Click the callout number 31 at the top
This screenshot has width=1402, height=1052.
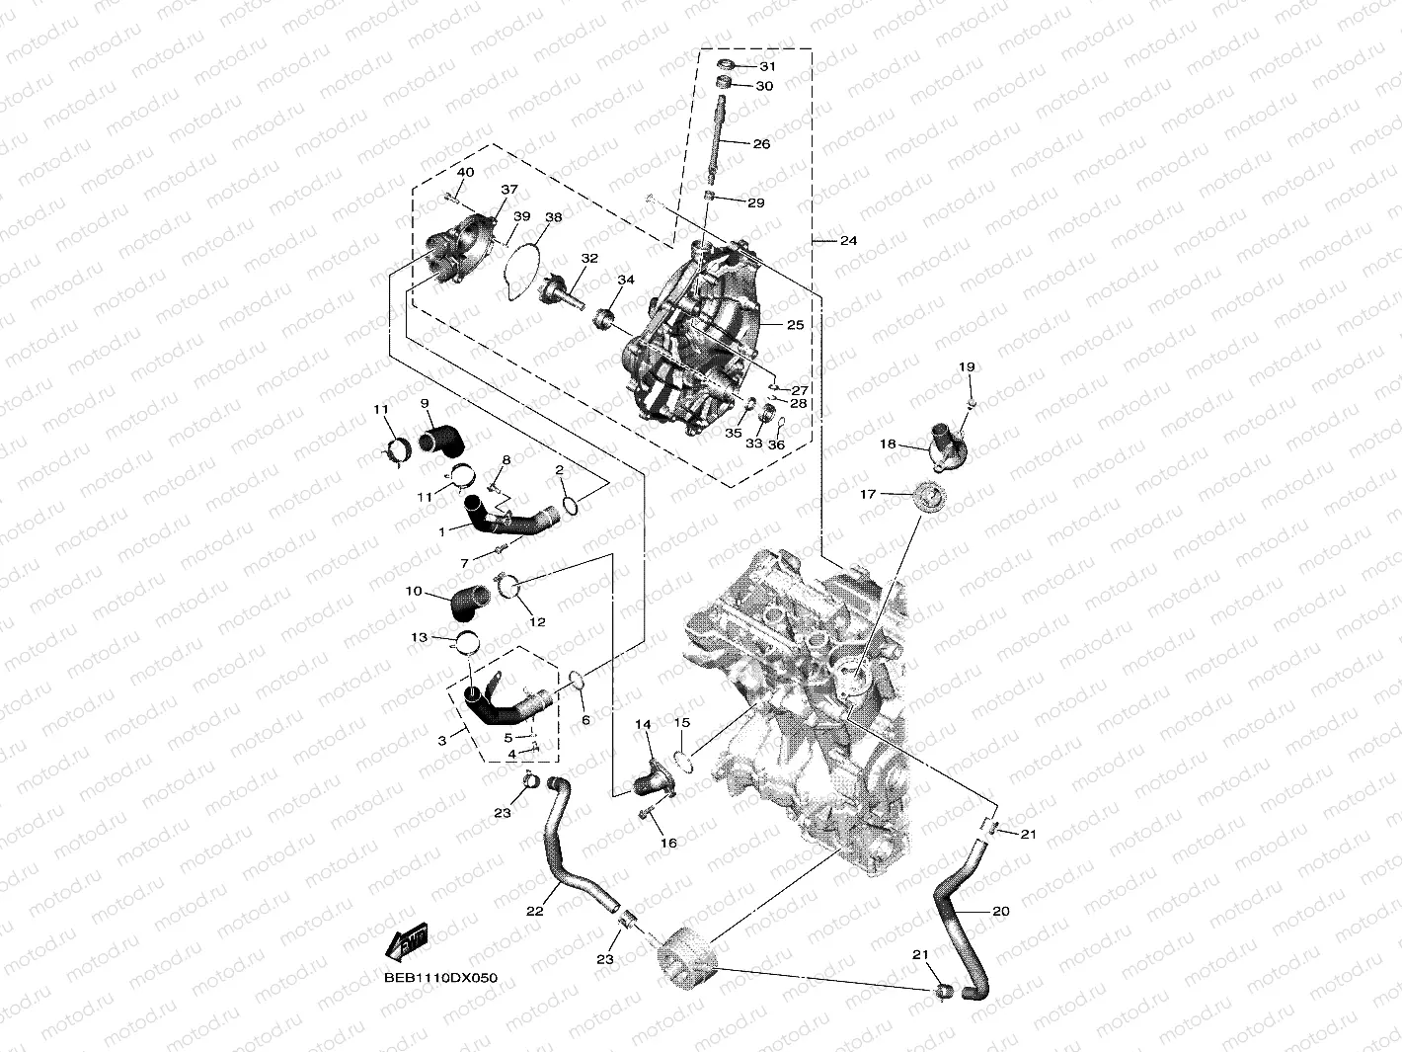point(767,66)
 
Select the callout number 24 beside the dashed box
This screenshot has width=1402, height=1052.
point(848,241)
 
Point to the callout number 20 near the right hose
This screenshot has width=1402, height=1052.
point(1000,912)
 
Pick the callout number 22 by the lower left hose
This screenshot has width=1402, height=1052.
point(534,911)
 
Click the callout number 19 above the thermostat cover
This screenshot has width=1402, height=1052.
point(967,367)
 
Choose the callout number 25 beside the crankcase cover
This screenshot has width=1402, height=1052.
point(795,325)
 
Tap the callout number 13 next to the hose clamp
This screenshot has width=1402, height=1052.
point(419,638)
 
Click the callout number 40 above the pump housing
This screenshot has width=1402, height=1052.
point(465,173)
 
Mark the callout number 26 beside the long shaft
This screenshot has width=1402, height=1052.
point(761,144)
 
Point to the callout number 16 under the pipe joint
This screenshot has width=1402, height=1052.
point(668,844)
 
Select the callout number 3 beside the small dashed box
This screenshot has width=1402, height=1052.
point(442,739)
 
